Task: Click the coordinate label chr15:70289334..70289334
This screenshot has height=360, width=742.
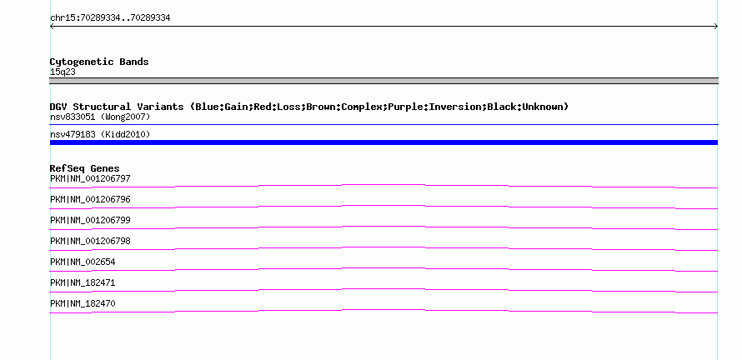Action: coord(110,18)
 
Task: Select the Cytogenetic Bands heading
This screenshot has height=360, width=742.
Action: coord(99,62)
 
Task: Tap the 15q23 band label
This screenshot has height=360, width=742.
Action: coord(63,72)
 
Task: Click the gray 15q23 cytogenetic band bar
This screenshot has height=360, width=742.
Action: coord(384,81)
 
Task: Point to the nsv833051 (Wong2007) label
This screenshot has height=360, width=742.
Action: coord(100,117)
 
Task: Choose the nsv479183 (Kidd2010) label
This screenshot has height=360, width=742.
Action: coord(100,135)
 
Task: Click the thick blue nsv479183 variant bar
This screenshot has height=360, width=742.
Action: coord(384,142)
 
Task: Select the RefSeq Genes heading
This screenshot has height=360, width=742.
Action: coord(84,168)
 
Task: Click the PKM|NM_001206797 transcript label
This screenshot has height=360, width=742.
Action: coord(90,179)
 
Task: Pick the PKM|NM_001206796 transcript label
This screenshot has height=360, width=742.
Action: coord(90,200)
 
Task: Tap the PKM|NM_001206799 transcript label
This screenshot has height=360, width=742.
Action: coord(90,221)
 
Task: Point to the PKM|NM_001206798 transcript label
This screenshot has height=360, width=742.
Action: coord(90,242)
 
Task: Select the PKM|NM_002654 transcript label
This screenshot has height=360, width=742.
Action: coord(83,262)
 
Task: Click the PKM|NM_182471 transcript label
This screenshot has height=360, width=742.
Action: coord(83,282)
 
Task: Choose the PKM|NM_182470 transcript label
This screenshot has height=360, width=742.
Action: coord(83,303)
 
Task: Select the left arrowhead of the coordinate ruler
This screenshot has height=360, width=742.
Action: coord(51,27)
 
